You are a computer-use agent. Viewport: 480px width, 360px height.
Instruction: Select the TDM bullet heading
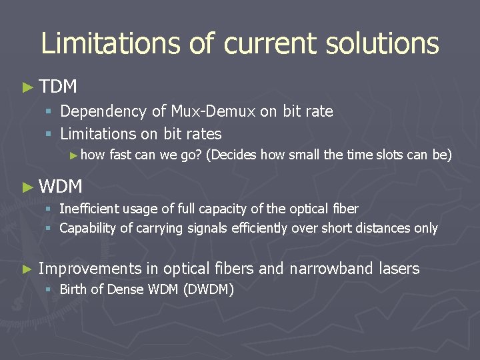click(58, 87)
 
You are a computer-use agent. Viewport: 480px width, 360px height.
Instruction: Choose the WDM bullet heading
click(61, 187)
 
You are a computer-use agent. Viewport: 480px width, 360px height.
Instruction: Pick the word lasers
click(399, 269)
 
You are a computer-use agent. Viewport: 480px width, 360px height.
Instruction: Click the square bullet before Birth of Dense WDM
click(48, 289)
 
